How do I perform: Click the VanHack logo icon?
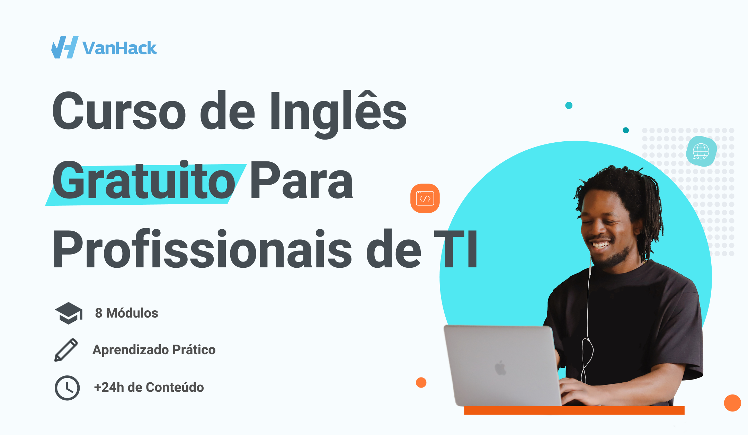[x=65, y=47]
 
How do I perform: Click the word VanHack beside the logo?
[x=119, y=48]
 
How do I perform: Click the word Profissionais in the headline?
[x=202, y=249]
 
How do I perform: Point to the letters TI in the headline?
[x=456, y=249]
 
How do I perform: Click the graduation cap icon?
[x=69, y=313]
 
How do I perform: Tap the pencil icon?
[x=66, y=350]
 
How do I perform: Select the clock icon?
[x=67, y=388]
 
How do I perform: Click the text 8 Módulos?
[x=126, y=313]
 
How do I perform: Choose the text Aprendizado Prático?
[x=154, y=350]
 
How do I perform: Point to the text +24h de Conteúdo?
[x=149, y=387]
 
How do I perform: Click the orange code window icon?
[x=425, y=198]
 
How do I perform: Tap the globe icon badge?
[x=701, y=151]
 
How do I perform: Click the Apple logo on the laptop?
[x=500, y=368]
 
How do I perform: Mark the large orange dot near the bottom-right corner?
[x=732, y=403]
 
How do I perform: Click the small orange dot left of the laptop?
[x=421, y=382]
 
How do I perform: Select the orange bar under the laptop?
[x=574, y=410]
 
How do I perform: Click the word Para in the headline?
[x=301, y=181]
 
